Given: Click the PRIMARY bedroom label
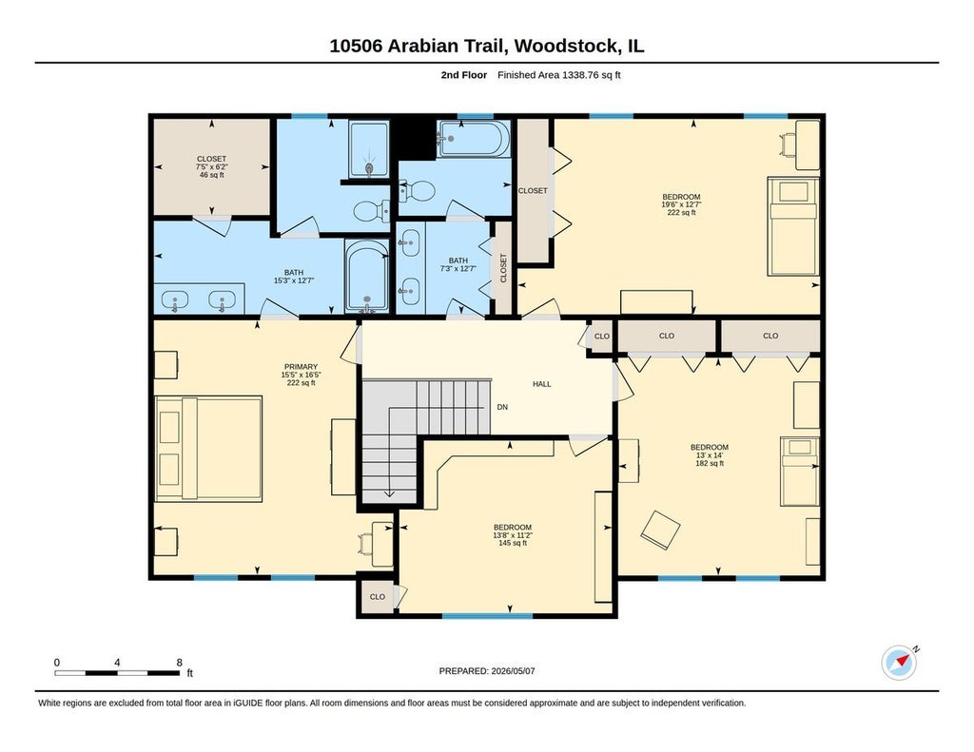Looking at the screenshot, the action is tap(302, 375).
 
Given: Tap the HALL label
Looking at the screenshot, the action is tap(541, 384).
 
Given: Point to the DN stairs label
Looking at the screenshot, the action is tap(502, 407).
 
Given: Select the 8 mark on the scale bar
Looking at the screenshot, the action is tap(180, 663).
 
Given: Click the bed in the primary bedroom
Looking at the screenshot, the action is tap(208, 449).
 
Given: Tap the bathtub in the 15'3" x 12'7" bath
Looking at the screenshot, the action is tap(367, 275).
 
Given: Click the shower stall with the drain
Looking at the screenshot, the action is tap(369, 149).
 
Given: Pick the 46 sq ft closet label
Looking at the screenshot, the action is tap(211, 167).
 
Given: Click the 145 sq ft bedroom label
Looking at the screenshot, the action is tap(513, 535).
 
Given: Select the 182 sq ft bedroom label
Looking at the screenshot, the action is tap(710, 455).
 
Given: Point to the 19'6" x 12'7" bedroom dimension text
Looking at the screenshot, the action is tap(681, 204).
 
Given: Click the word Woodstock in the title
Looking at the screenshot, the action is tap(567, 46).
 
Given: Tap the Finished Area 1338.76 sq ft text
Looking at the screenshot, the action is tap(559, 75).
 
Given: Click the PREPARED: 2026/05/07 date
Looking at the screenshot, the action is tap(487, 671).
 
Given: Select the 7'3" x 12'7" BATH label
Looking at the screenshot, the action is tap(458, 265).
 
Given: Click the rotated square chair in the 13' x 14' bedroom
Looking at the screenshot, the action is tap(660, 530).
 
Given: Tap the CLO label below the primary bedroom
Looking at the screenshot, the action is tap(378, 597).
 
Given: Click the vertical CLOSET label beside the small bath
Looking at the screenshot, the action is tap(503, 268).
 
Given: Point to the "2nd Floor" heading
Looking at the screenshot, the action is tap(464, 75).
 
